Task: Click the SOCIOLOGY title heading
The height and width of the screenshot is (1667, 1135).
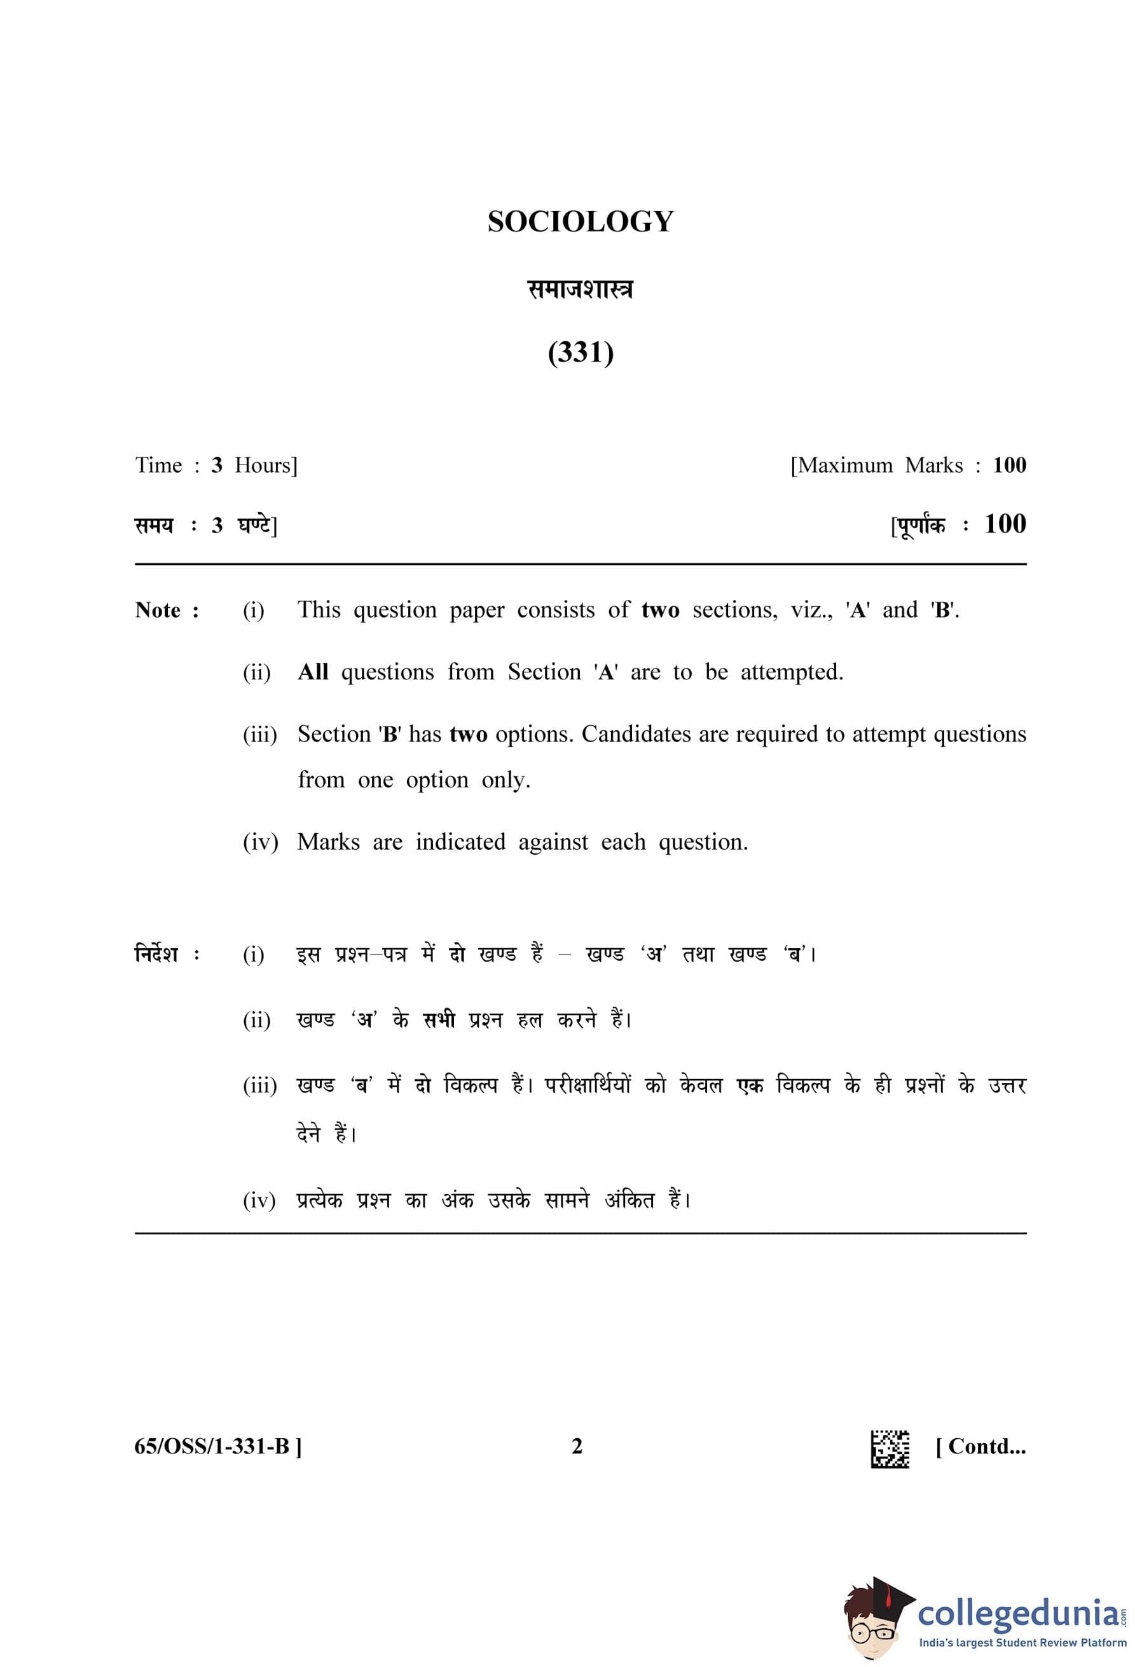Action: [x=580, y=222]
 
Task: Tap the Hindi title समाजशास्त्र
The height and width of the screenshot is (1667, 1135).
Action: [x=580, y=290]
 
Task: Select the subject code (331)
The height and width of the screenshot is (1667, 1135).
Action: [x=580, y=352]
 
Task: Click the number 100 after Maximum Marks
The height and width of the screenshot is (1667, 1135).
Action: [x=1008, y=465]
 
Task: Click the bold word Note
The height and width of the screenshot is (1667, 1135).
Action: [x=158, y=610]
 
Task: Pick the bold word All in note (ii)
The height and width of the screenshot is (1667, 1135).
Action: [x=313, y=672]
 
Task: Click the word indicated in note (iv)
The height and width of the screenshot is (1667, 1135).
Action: [x=460, y=841]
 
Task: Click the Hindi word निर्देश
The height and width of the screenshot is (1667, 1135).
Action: [x=156, y=955]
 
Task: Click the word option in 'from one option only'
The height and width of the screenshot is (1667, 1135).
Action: [x=437, y=780]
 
